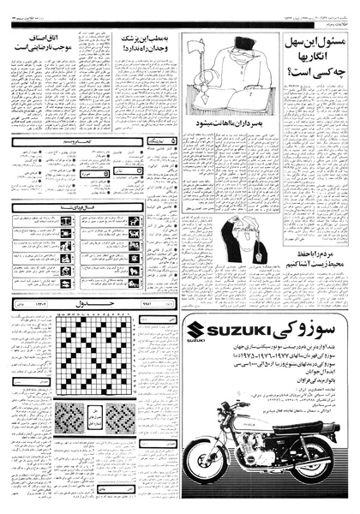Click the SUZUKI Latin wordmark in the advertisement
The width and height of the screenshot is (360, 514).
(x=220, y=332)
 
